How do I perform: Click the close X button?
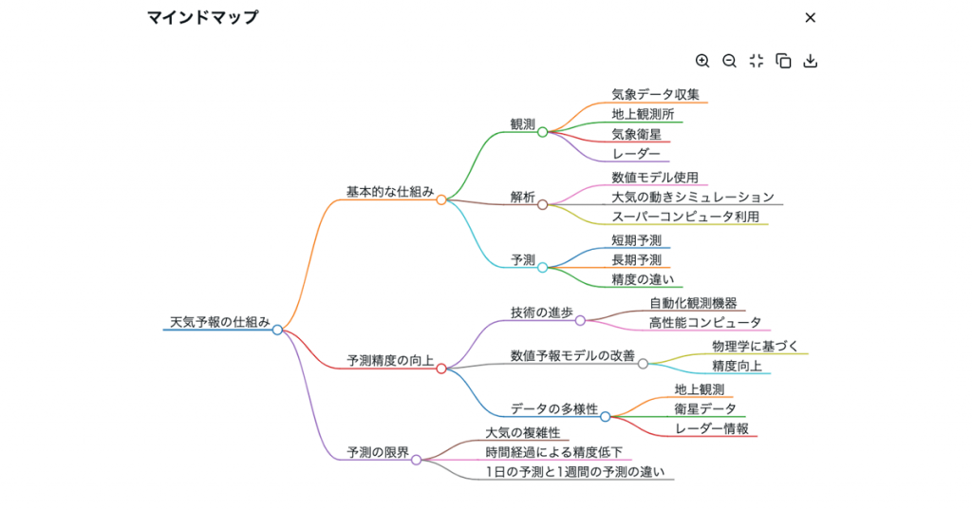810,17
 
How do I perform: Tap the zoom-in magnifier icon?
702,61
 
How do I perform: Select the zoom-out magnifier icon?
729,61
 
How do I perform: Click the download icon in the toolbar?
810,61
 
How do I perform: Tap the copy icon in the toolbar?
783,61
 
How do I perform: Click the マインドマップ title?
202,17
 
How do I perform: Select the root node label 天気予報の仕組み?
219,322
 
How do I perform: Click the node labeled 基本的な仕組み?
389,192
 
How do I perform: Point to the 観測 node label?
522,124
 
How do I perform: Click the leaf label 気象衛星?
636,134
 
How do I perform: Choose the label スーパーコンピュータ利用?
684,217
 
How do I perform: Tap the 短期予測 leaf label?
636,240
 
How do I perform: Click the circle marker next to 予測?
543,268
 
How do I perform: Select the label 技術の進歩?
541,312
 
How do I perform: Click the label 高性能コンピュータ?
704,323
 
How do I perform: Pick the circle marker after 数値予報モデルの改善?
643,364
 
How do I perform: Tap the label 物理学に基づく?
755,346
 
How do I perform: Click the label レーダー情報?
711,428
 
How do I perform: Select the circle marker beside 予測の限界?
416,460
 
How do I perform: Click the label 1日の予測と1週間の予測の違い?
574,472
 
